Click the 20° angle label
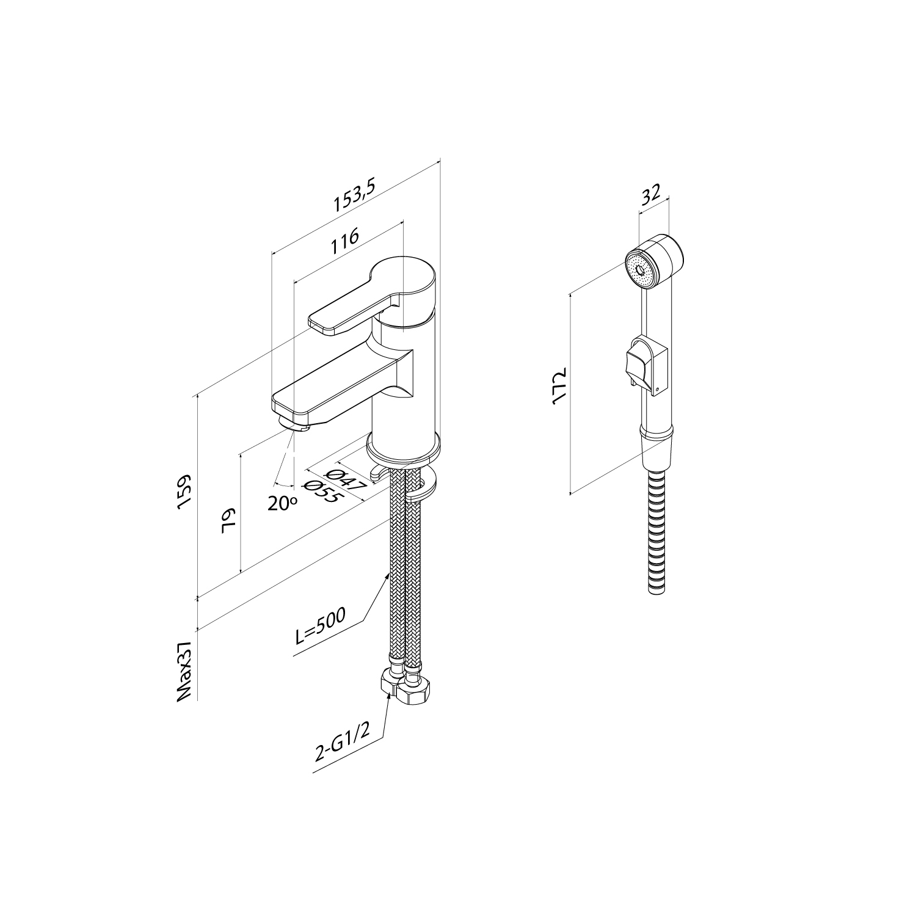(282, 502)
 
